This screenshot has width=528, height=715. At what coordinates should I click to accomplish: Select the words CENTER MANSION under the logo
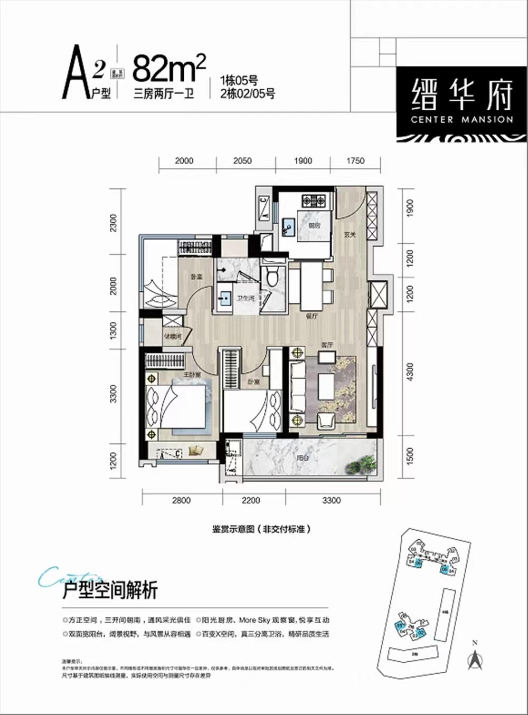point(462,120)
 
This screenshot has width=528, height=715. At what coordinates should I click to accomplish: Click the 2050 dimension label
point(242,160)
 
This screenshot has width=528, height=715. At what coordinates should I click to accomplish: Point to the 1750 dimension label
point(355,160)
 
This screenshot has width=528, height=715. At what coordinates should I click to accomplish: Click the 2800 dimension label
point(181,500)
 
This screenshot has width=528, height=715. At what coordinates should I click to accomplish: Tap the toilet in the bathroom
point(273,276)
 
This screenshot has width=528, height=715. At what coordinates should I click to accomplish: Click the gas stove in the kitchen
point(313,201)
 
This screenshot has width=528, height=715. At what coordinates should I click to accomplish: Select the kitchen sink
point(288,228)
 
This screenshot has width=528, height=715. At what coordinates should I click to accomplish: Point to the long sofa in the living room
point(298,387)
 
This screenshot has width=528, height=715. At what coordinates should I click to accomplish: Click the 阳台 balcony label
point(303,458)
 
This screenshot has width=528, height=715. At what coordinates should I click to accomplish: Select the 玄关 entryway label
point(350,235)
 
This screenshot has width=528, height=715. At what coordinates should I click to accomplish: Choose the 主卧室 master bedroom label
point(191,375)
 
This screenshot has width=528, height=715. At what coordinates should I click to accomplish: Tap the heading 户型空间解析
point(110,590)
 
